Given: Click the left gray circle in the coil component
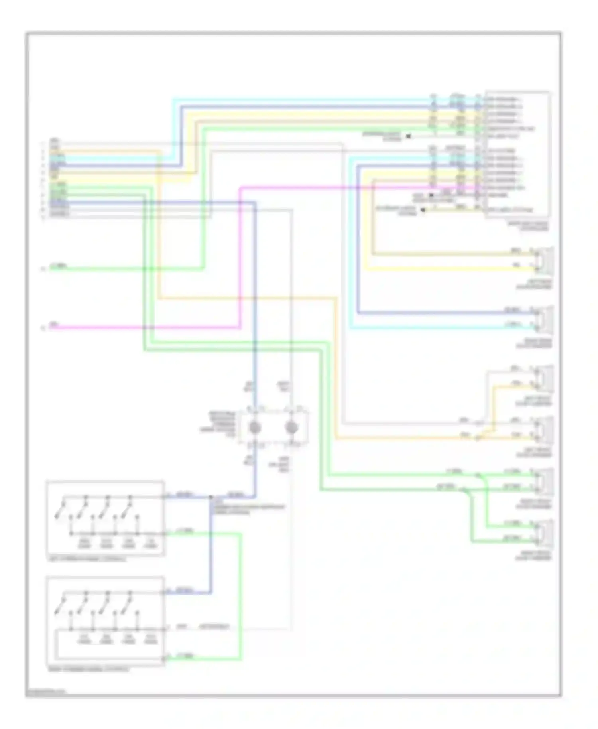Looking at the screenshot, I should [x=254, y=428].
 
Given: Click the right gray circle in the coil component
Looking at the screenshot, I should [x=291, y=428].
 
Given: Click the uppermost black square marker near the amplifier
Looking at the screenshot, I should [x=409, y=136].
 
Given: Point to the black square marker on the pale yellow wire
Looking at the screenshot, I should [x=423, y=210].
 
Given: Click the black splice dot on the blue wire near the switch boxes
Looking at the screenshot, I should [x=211, y=497].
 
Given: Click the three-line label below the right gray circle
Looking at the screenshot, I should [x=284, y=465].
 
